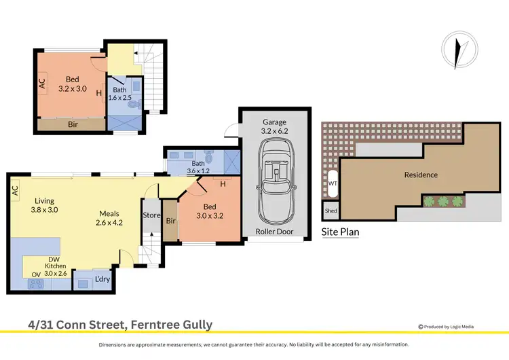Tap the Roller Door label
[x=275, y=232]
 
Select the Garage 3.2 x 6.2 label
[x=275, y=127]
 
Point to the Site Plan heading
[x=340, y=232]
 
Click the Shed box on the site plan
[x=331, y=211]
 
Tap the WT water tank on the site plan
[x=333, y=183]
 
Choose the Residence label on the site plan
[x=421, y=175]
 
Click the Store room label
[x=151, y=217]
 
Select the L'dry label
[x=102, y=278]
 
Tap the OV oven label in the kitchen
[x=36, y=275]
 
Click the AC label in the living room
[x=14, y=192]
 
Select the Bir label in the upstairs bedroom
[x=72, y=125]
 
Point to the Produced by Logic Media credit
[x=461, y=325]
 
